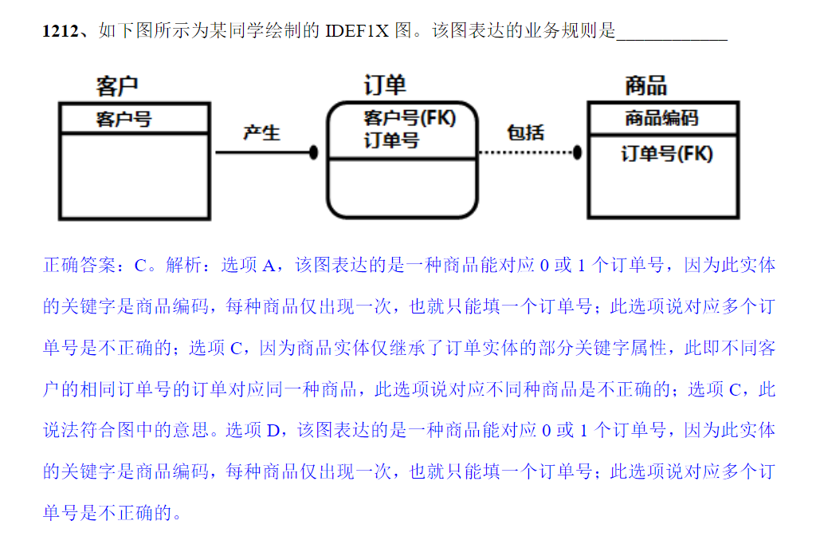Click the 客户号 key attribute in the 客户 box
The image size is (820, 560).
coord(124,120)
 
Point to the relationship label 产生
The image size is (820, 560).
coord(261,133)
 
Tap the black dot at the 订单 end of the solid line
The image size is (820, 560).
coord(314,152)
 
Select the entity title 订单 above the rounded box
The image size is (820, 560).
coord(385,85)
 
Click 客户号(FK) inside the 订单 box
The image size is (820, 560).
coord(410,118)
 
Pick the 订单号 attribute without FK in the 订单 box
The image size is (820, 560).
coord(391,140)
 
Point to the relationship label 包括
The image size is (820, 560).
coord(526,132)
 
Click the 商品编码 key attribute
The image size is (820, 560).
coord(661,119)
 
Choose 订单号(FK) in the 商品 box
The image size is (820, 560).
coord(667,153)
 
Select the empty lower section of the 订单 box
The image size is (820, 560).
coord(402,187)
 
